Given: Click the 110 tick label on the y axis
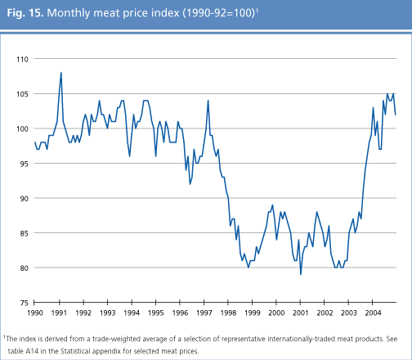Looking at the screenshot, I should [x=21, y=60].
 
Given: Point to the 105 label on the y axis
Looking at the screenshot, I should [x=21, y=94].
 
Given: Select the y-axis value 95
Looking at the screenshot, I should [x=23, y=164].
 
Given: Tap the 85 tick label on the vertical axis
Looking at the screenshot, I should [x=23, y=233].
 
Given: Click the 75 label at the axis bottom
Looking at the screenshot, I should [x=23, y=303].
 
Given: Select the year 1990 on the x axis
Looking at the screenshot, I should [x=34, y=313].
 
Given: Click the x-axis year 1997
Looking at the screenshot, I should [x=204, y=313].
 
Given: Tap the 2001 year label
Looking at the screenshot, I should [x=301, y=313].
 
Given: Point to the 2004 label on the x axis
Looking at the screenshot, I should [x=372, y=313].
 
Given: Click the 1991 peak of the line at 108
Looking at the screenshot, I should [x=61, y=73].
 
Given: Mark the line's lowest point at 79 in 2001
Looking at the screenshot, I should [x=301, y=274].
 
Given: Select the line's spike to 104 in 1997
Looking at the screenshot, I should [x=208, y=101].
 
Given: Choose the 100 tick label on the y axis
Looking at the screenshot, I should [x=21, y=129].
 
